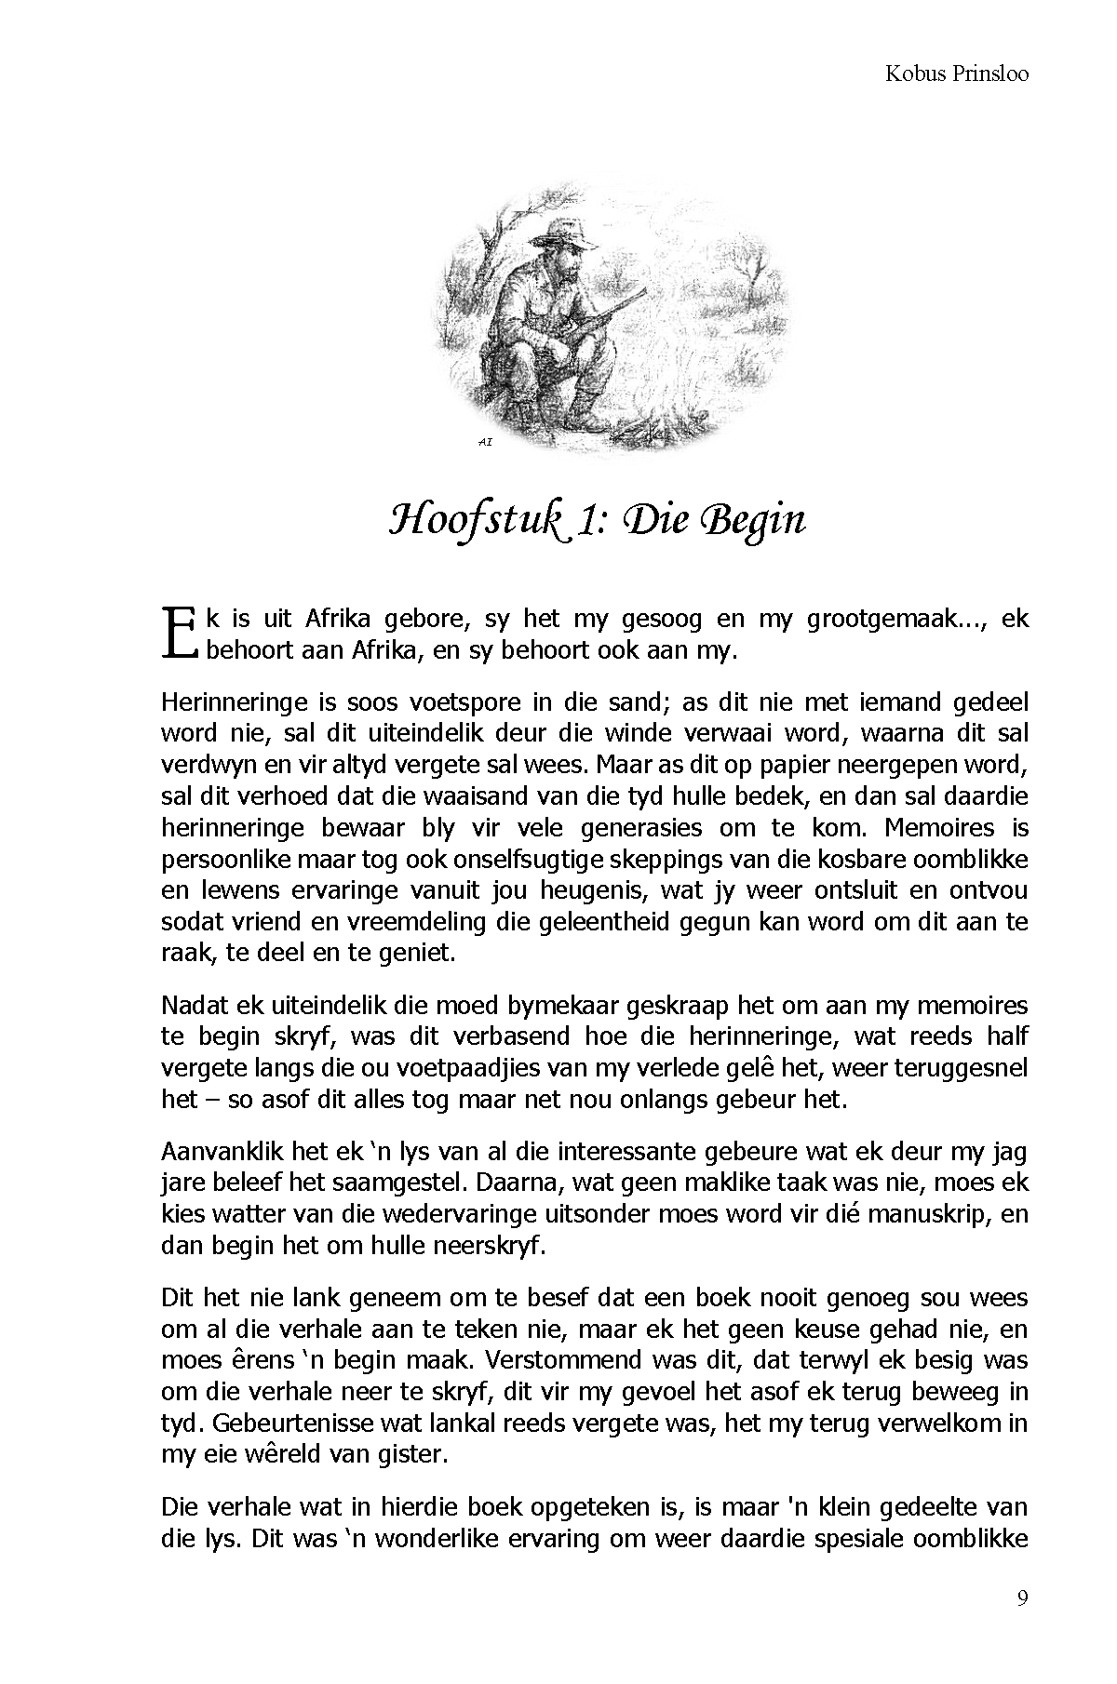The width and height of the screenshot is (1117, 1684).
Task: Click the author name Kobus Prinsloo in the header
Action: [x=956, y=74]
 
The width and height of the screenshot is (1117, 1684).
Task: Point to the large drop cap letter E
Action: [x=179, y=634]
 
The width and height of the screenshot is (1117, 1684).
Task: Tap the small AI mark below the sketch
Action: [x=484, y=443]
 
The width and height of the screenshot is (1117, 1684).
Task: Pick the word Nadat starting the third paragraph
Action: [x=193, y=1005]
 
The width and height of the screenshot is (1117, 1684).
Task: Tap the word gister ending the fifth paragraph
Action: [x=416, y=1454]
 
